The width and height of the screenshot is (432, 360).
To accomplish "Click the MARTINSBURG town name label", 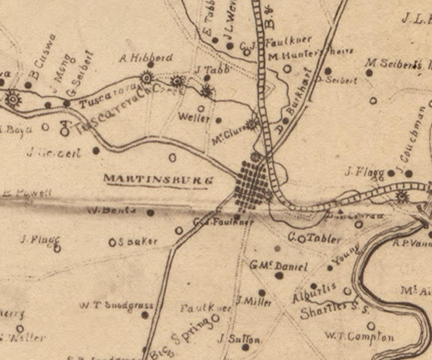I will [158, 179].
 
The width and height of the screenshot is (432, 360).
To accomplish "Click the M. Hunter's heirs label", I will [311, 53].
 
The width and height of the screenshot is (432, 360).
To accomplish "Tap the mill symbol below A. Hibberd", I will [146, 77].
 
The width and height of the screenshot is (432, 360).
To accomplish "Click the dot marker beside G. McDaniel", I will [279, 276].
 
